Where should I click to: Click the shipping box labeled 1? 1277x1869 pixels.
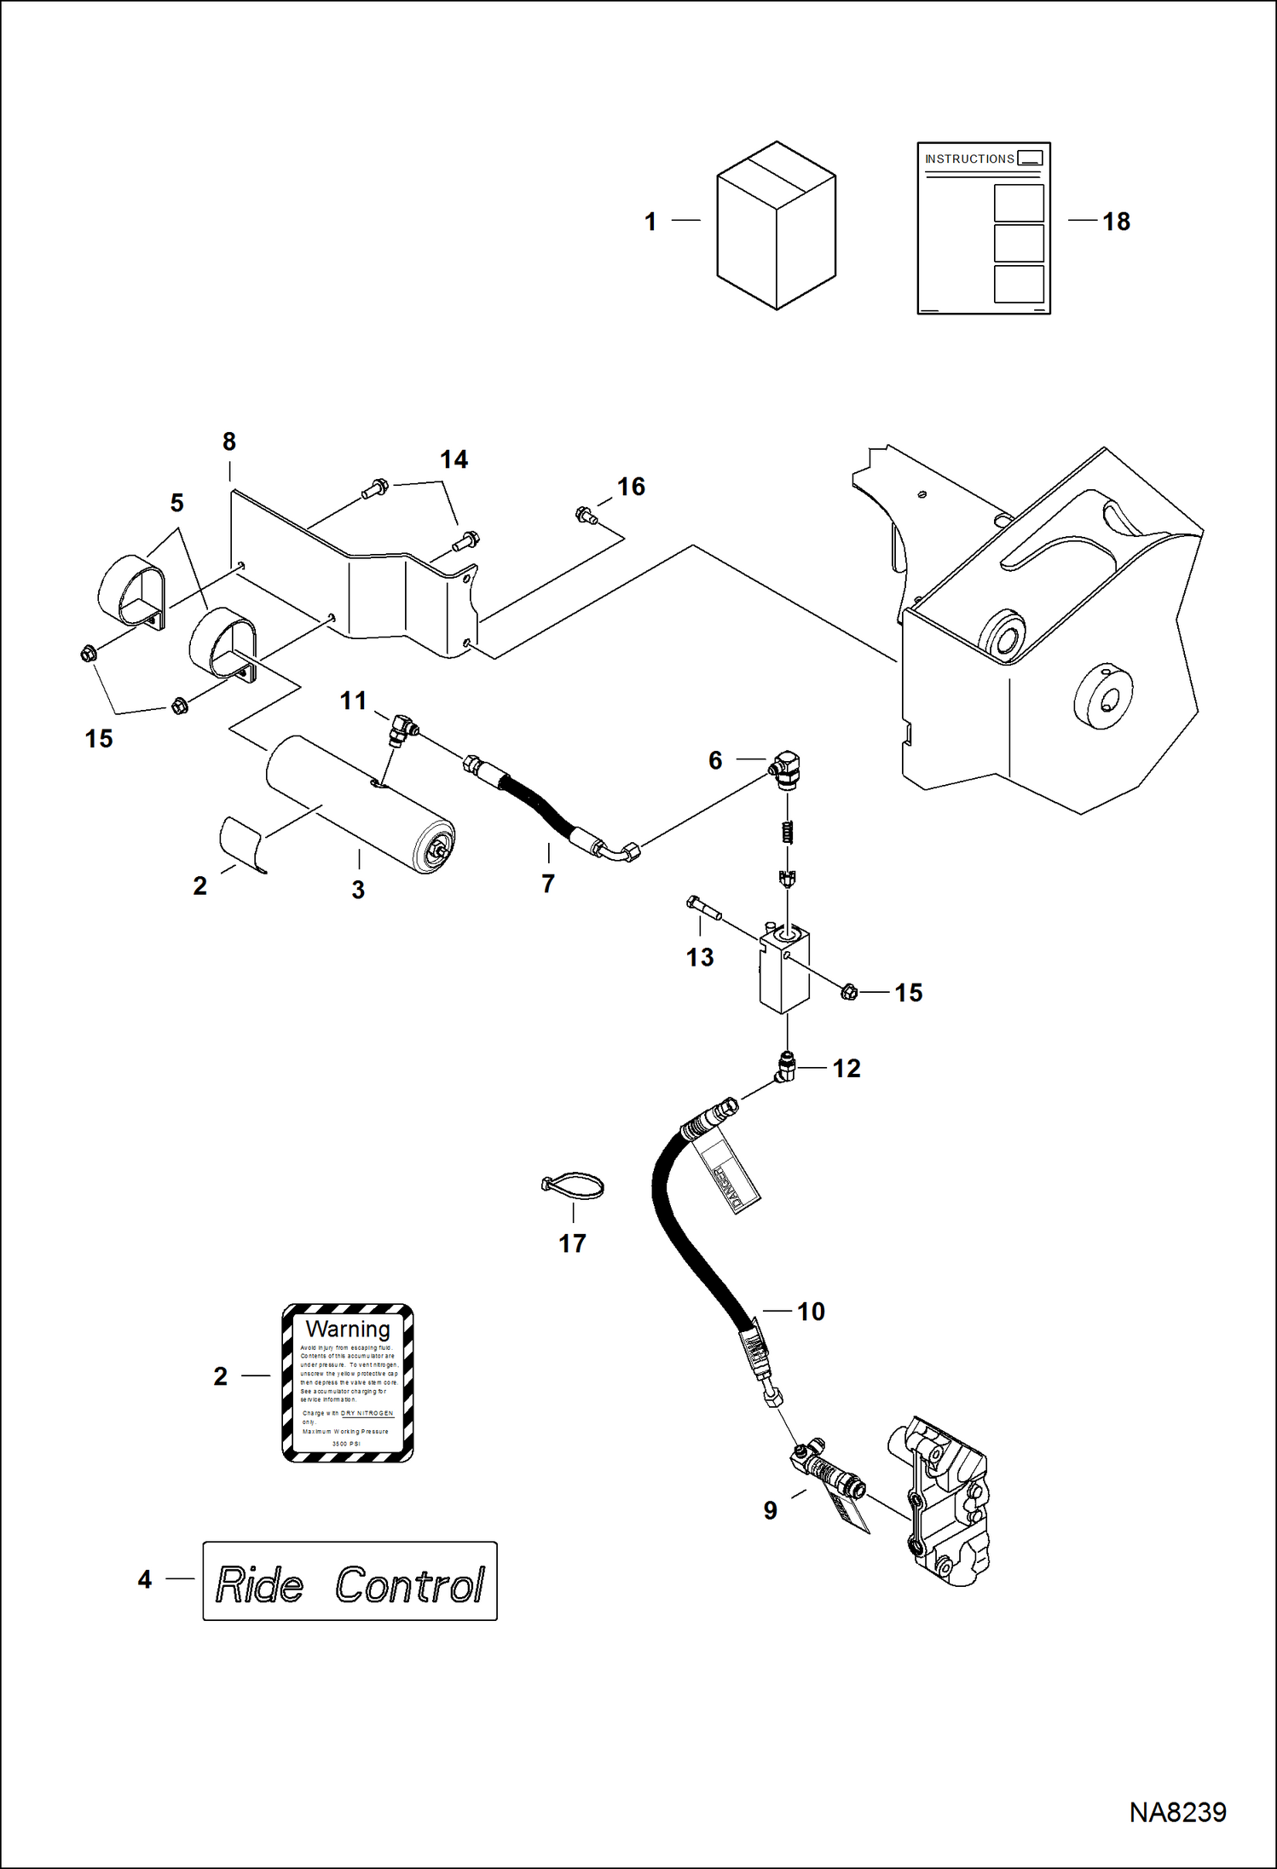click(776, 226)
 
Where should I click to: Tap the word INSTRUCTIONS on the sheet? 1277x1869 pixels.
click(969, 159)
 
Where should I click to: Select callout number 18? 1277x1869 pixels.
click(1116, 222)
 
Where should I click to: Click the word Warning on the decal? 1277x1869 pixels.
click(348, 1329)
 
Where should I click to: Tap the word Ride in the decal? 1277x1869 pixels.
click(259, 1585)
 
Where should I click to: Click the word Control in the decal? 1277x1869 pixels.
click(409, 1585)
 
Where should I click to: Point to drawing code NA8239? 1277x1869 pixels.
click(1177, 1812)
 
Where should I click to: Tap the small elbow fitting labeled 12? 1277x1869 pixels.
click(785, 1066)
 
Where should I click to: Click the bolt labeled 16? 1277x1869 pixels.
click(586, 515)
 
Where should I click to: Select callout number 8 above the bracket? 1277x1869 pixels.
click(229, 441)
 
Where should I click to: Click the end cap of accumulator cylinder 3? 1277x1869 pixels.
click(436, 848)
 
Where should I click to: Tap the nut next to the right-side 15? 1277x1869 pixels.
click(849, 992)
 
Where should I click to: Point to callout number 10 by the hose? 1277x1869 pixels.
click(811, 1312)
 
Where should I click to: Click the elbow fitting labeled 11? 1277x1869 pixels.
click(402, 730)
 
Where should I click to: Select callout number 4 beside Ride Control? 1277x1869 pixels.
click(145, 1579)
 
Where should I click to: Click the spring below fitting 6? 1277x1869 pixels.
click(788, 831)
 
